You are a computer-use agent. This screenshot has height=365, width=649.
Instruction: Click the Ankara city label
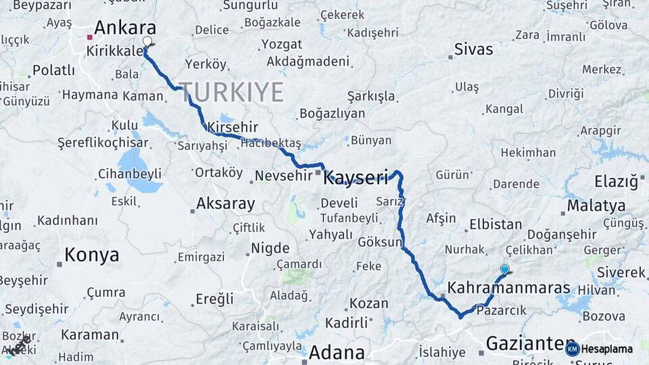[125, 28]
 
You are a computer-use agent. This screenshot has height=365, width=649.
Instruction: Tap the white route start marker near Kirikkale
[147, 41]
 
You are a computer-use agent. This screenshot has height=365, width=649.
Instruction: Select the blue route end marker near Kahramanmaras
[504, 269]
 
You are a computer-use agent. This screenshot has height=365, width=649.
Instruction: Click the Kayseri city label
[356, 178]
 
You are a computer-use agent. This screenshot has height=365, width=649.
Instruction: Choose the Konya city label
[92, 255]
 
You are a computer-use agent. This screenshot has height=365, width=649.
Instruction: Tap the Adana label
[337, 352]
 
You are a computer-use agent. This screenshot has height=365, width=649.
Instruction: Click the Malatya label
[596, 205]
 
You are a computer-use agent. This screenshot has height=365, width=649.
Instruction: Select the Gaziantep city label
[521, 343]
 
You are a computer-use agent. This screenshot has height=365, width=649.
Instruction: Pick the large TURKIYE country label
[231, 92]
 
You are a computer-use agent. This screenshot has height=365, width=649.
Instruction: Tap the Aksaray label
[225, 203]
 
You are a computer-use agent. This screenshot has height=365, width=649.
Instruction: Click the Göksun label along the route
[380, 242]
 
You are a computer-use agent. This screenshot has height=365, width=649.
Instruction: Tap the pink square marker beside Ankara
[89, 37]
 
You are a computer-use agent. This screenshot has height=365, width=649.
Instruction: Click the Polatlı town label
[53, 70]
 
